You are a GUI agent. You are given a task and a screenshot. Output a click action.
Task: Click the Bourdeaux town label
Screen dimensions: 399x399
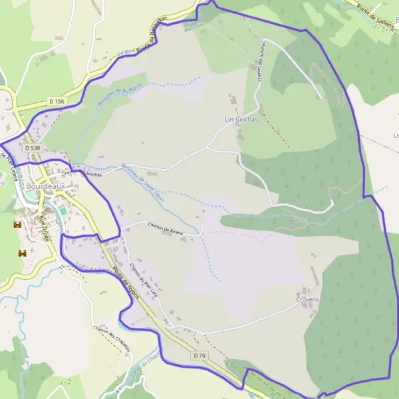46,187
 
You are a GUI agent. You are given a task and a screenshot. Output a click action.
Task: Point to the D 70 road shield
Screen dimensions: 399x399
199,356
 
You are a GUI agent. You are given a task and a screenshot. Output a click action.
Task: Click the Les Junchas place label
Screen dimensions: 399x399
240,120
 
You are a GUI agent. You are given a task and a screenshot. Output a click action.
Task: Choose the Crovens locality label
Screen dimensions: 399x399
307,299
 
